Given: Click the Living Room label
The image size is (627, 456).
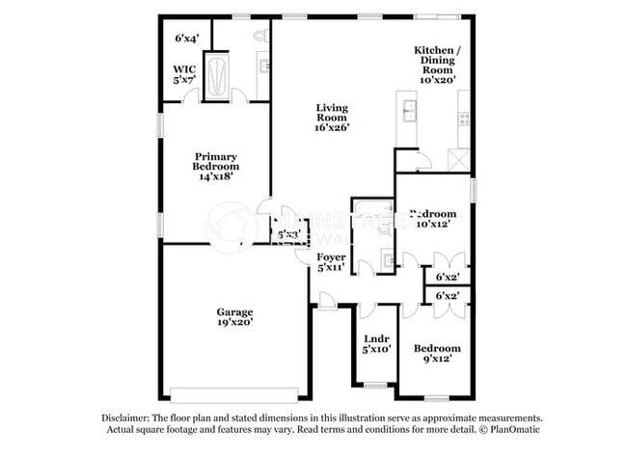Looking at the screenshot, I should [x=332, y=117].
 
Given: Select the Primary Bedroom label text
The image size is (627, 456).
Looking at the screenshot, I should [x=216, y=166].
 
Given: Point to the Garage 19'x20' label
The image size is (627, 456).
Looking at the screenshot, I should [x=234, y=318].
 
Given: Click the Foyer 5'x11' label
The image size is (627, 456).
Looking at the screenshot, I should [x=332, y=263].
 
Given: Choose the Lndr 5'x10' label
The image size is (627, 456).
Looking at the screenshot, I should [x=375, y=344].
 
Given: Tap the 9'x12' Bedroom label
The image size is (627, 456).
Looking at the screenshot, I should [x=437, y=353].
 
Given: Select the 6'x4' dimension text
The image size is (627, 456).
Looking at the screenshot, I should [x=186, y=39].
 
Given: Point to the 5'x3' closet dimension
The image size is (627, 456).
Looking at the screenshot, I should [x=288, y=234].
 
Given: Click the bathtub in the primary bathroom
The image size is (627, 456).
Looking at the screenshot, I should [x=217, y=77].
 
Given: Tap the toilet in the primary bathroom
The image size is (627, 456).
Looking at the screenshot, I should [x=259, y=36].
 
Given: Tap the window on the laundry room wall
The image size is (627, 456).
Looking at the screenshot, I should [x=374, y=386].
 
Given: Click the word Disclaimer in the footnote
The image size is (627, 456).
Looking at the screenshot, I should [x=128, y=417].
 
